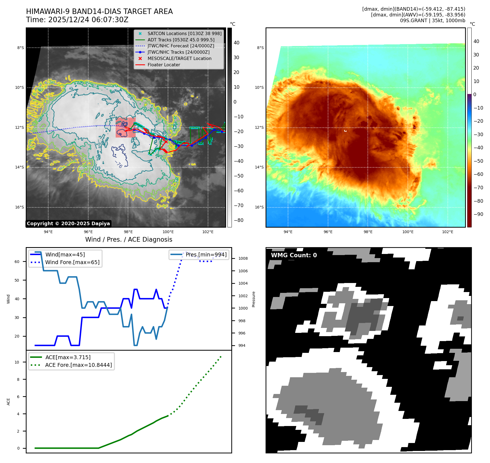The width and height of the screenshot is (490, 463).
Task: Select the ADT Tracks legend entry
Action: (181, 40)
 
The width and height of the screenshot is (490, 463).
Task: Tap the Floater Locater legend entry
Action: (164, 65)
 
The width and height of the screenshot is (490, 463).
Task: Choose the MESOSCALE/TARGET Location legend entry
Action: (179, 58)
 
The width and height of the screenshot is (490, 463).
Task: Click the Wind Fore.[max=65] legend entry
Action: (72, 262)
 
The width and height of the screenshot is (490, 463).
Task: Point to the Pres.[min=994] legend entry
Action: (206, 255)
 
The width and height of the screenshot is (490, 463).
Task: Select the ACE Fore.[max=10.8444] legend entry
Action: (78, 365)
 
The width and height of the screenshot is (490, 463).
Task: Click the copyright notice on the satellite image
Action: (68, 224)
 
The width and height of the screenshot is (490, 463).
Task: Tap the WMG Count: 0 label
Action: (294, 255)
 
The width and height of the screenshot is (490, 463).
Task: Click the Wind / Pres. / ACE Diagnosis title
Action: (129, 239)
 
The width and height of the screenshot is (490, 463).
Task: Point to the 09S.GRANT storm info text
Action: (432, 21)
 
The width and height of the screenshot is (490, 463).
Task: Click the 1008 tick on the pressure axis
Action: (243, 258)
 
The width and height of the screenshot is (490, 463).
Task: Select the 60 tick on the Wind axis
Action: (17, 262)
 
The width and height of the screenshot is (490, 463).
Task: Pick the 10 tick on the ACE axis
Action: (17, 362)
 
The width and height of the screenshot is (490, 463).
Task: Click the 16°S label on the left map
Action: (19, 207)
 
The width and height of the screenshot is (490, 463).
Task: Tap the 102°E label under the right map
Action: (448, 232)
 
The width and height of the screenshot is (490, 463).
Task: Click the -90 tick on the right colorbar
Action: (478, 214)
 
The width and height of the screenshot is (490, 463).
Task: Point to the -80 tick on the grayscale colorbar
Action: (238, 220)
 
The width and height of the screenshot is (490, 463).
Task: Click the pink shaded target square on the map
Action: (126, 128)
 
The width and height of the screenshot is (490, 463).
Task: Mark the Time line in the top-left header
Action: (77, 20)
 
